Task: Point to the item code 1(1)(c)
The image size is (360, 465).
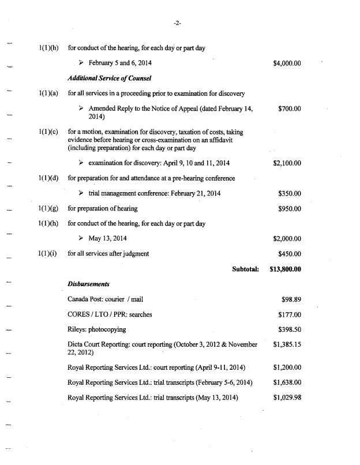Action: pos(48,133)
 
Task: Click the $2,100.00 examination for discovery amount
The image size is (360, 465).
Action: pos(287,163)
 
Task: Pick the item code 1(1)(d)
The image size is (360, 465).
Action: pos(48,178)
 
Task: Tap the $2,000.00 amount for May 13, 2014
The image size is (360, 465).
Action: pos(287,238)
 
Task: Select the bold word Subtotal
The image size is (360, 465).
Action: pos(245,268)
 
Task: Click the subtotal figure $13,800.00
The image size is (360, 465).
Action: pos(286,268)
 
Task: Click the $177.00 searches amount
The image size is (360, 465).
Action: pos(290,314)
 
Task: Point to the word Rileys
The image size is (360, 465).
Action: pos(78,329)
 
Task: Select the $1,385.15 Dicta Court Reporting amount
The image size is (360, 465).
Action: pos(287,344)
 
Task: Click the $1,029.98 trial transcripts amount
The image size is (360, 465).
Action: pos(287,397)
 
